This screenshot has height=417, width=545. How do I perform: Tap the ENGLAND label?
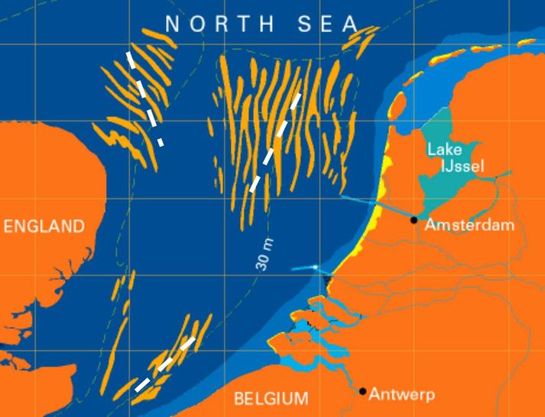pyautogui.click(x=44, y=226)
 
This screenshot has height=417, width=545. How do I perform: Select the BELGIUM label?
pyautogui.click(x=271, y=398)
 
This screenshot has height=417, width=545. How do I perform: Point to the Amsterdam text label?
pyautogui.click(x=469, y=225)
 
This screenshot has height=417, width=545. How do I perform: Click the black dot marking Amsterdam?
pyautogui.click(x=414, y=220)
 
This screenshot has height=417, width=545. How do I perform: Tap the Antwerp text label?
pyautogui.click(x=401, y=395)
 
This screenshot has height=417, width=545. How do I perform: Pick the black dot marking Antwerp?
pyautogui.click(x=363, y=391)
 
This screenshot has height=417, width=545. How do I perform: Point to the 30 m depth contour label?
pyautogui.click(x=264, y=255)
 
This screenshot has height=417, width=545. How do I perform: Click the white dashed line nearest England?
pyautogui.click(x=146, y=98)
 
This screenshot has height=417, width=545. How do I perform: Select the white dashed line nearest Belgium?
pyautogui.click(x=164, y=364)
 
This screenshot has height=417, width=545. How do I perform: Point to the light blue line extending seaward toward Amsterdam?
pyautogui.click(x=375, y=205)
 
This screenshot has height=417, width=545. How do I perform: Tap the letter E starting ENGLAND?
pyautogui.click(x=9, y=226)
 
